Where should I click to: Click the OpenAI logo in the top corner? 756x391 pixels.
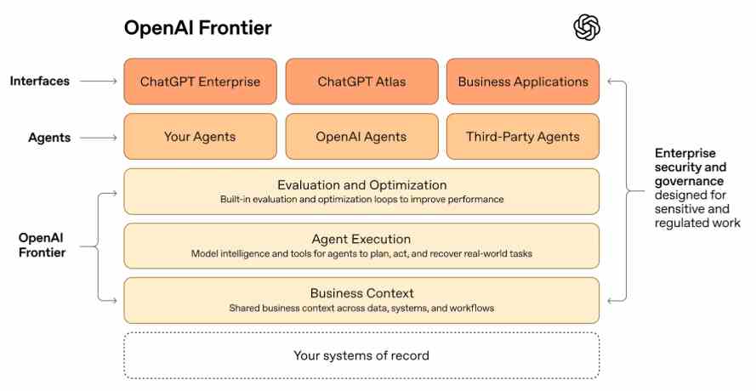[x=587, y=28]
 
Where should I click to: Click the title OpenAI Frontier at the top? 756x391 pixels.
[x=198, y=28]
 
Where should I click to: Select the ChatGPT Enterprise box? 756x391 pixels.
[x=200, y=82]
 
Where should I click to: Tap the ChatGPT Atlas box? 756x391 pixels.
[x=361, y=82]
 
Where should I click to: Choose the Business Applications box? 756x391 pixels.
[x=523, y=82]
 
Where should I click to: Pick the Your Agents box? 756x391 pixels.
[x=200, y=136]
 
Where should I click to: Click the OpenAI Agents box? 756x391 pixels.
[x=361, y=136]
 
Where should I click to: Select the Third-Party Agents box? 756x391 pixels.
[x=523, y=136]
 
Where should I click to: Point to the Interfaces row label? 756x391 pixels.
[x=39, y=82]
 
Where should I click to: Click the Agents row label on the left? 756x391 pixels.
[x=48, y=136]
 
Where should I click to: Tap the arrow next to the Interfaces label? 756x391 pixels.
[x=100, y=82]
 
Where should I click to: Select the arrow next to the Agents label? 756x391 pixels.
[x=100, y=136]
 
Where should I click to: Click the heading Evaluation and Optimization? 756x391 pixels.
[x=361, y=184]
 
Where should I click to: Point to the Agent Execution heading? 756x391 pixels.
[x=361, y=239]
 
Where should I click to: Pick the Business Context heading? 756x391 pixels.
[x=361, y=293]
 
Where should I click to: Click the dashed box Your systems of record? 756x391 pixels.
[x=361, y=355]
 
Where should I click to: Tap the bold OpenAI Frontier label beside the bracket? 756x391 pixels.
[x=43, y=245]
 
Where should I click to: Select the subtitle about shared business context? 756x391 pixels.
[x=361, y=308]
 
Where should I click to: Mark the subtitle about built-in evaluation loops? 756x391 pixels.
[x=361, y=200]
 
